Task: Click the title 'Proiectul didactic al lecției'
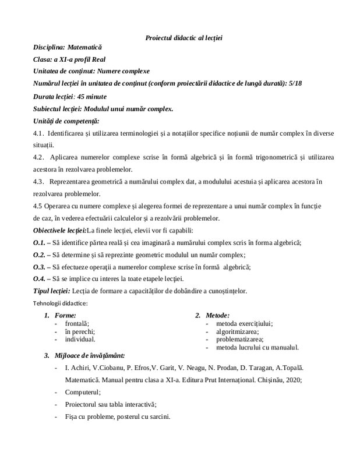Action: coord(184,38)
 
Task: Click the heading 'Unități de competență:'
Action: coord(66,121)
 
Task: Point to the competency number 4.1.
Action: coord(39,133)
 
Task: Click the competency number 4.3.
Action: coord(39,182)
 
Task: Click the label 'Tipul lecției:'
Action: coord(52,291)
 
